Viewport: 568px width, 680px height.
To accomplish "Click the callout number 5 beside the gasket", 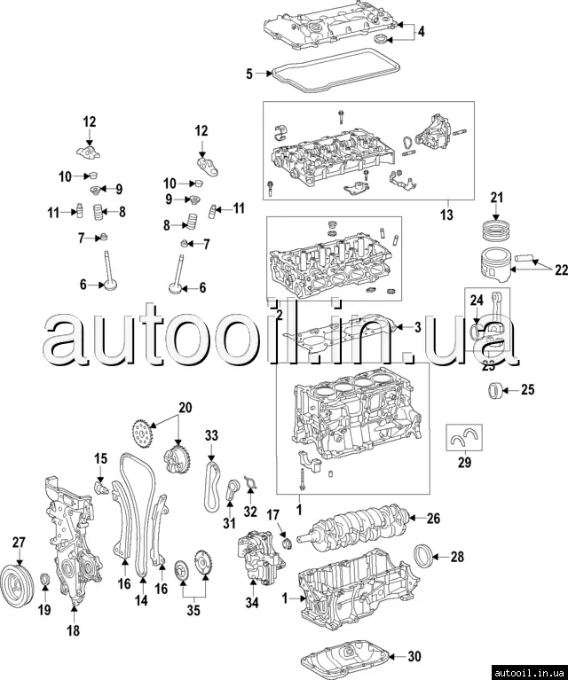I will click(x=249, y=74).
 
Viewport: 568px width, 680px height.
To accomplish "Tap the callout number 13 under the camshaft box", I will click(x=446, y=214).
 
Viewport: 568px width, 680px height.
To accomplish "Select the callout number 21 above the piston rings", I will click(x=497, y=197).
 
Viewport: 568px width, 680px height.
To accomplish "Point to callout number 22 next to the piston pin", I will click(x=561, y=270).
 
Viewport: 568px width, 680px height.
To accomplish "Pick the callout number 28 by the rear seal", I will click(x=458, y=557).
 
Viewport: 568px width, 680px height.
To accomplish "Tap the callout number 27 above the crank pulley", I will click(x=19, y=543).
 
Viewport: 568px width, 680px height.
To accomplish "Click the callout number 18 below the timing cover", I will click(x=73, y=630).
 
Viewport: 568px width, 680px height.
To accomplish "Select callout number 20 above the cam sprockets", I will click(x=185, y=408).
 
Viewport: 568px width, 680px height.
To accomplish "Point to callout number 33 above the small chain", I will click(x=211, y=435).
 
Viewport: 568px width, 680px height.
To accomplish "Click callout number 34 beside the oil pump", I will click(x=252, y=604).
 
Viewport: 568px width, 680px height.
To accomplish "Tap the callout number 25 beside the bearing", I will click(x=527, y=389).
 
